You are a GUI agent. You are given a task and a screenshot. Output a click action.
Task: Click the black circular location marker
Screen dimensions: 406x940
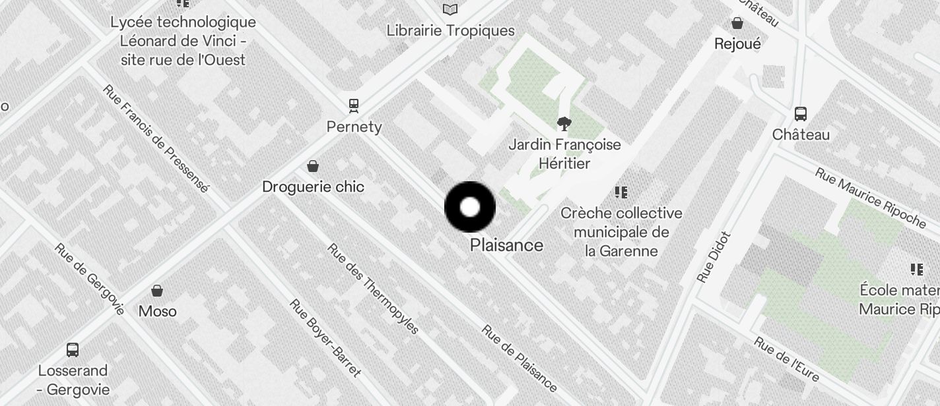[470, 207]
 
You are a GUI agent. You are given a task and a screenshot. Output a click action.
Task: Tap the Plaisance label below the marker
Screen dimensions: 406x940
[506, 245]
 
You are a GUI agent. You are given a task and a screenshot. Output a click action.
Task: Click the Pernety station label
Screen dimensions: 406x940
[354, 127]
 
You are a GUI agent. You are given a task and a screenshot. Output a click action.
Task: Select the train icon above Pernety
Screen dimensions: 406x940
[354, 105]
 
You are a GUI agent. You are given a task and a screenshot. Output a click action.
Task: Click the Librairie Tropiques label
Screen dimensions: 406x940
[450, 30]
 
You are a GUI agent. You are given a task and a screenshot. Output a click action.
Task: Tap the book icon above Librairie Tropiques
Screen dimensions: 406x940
[450, 9]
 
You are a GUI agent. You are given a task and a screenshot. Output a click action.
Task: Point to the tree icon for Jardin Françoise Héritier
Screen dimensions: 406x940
[564, 123]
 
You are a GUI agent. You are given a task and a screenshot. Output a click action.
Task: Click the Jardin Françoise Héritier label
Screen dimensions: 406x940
[564, 154]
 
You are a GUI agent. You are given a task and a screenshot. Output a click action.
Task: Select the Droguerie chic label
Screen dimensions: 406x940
[313, 187]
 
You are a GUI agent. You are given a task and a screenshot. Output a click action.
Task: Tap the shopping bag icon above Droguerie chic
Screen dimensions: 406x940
[313, 165]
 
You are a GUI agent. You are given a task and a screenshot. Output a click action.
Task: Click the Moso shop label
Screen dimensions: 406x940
[157, 310]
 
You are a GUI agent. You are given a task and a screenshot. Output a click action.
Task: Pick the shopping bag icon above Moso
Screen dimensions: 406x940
[157, 290]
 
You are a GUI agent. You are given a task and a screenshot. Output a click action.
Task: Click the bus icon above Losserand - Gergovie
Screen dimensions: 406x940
[73, 349]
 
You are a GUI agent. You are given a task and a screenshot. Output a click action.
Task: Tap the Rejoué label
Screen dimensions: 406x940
[737, 43]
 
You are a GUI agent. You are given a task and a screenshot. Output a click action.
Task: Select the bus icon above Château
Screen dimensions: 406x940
[801, 113]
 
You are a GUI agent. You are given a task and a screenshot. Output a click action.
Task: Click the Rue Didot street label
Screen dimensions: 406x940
[714, 257]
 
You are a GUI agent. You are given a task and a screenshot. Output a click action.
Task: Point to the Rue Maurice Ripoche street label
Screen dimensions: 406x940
[870, 197]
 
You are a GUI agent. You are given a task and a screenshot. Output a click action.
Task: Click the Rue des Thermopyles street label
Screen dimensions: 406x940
[373, 289]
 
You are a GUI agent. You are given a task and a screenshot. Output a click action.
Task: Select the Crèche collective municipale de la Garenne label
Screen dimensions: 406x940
[621, 232]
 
